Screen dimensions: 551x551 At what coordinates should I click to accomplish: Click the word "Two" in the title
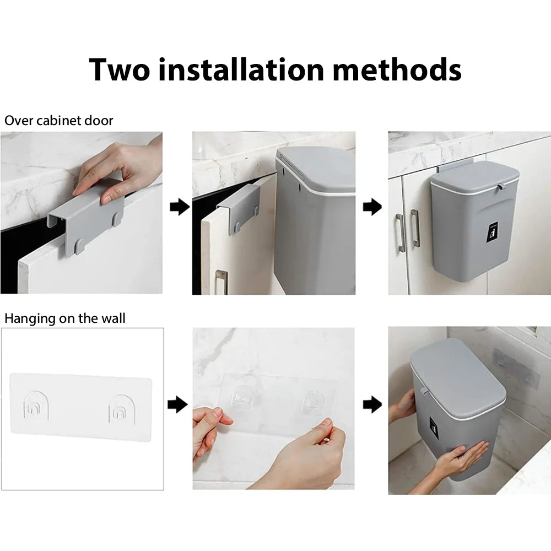pyautogui.click(x=120, y=69)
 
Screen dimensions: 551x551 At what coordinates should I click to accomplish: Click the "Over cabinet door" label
pyautogui.click(x=59, y=121)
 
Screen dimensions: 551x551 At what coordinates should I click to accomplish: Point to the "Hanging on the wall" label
pyautogui.click(x=64, y=318)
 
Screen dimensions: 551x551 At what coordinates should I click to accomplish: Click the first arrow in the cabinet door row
pyautogui.click(x=180, y=207)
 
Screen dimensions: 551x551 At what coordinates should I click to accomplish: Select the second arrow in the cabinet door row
pyautogui.click(x=372, y=207)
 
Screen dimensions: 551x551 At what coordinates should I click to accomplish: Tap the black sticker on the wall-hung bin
pyautogui.click(x=434, y=428)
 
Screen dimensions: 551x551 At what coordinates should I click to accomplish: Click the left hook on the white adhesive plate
pyautogui.click(x=36, y=408)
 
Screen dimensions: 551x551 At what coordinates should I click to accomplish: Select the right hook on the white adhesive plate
pyautogui.click(x=122, y=410)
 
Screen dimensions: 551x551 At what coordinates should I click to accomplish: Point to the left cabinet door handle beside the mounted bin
pyautogui.click(x=400, y=233)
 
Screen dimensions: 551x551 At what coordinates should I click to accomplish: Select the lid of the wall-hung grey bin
pyautogui.click(x=458, y=380)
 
